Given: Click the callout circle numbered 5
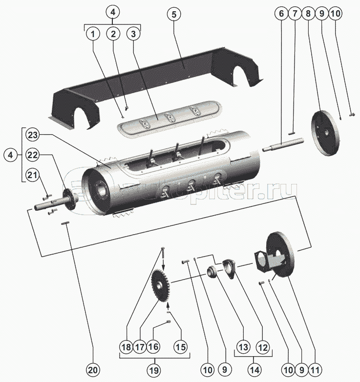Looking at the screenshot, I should pyautogui.click(x=172, y=14).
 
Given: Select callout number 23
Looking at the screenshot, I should pyautogui.click(x=32, y=134).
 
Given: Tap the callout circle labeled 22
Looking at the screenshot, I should pyautogui.click(x=32, y=155).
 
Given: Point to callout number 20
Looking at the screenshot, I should pyautogui.click(x=93, y=368).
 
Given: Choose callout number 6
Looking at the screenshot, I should pyautogui.click(x=281, y=14).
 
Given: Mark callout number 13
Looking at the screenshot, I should pyautogui.click(x=242, y=347).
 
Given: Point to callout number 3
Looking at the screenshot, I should pyautogui.click(x=133, y=34).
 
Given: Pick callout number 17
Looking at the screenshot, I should pyautogui.click(x=140, y=347).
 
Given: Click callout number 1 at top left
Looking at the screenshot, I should pyautogui.click(x=93, y=34).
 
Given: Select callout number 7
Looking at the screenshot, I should pyautogui.click(x=295, y=14).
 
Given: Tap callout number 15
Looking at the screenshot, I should pyautogui.click(x=181, y=347).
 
